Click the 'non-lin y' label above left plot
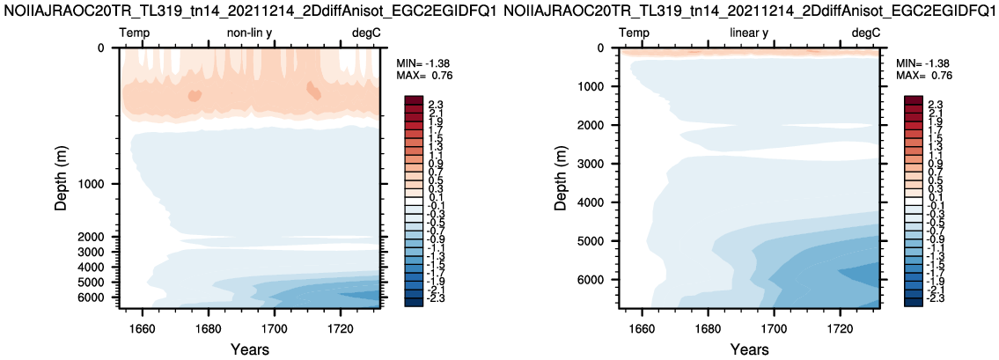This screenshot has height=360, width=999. pyautogui.click(x=248, y=33)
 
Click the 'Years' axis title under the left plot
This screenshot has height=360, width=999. pyautogui.click(x=250, y=349)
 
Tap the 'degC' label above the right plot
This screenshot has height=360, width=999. pyautogui.click(x=865, y=33)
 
